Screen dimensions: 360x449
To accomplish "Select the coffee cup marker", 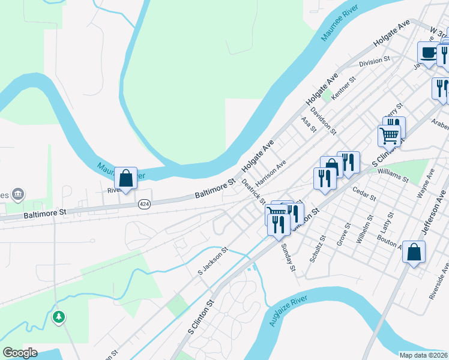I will (427, 53).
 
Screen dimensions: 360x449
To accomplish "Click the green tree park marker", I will (59, 316).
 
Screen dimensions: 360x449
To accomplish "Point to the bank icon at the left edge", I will (19, 194).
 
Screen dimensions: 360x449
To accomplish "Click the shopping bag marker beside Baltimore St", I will (126, 178).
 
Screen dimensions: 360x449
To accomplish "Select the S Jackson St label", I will (213, 262).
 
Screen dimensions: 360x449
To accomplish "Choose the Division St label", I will (375, 62).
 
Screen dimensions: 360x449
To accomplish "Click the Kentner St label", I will (343, 88).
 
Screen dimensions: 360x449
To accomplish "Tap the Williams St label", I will (393, 175).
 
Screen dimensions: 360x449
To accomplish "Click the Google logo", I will (20, 353).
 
